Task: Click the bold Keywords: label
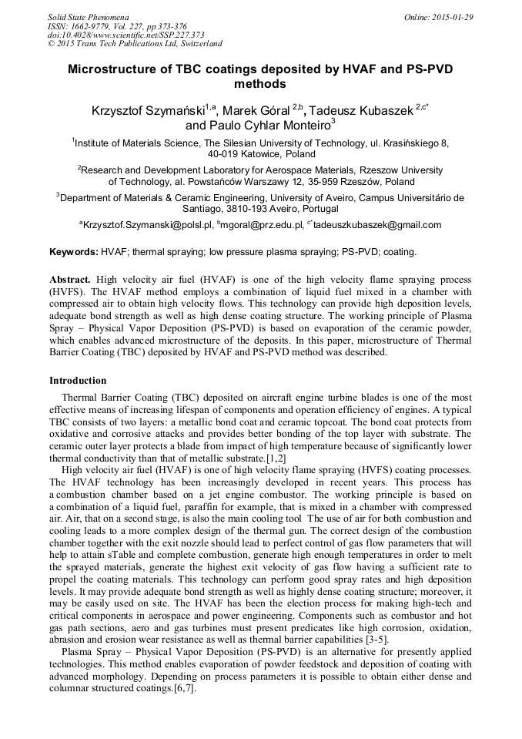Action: pyautogui.click(x=74, y=252)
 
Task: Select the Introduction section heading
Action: pyautogui.click(x=78, y=381)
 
